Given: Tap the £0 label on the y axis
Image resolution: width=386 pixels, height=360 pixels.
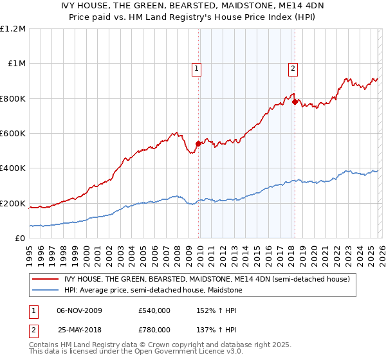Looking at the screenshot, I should pyautogui.click(x=21, y=239).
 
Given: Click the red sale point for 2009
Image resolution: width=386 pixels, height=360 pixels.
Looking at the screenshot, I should pyautogui.click(x=198, y=144).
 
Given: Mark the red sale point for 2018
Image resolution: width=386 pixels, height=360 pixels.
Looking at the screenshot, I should pyautogui.click(x=295, y=102).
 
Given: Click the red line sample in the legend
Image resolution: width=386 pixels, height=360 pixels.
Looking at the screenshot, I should pyautogui.click(x=46, y=279).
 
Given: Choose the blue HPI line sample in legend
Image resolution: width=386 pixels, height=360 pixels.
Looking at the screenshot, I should pyautogui.click(x=46, y=290).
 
